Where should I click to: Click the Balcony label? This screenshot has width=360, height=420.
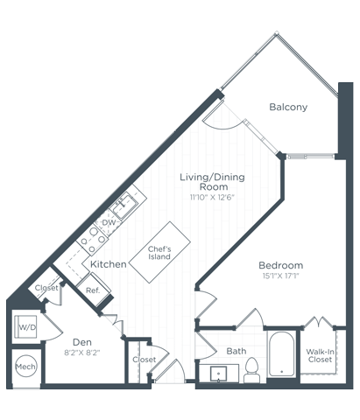tap(287, 108)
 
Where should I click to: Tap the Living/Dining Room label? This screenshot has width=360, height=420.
tap(212, 182)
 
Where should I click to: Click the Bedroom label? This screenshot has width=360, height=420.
tap(280, 265)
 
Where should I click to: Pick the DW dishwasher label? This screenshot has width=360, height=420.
tap(109, 223)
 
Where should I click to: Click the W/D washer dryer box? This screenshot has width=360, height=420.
tap(25, 328)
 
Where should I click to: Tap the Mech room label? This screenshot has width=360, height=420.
tap(25, 367)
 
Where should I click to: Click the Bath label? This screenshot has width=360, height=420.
tap(236, 352)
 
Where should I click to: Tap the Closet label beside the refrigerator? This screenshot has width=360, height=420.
tap(46, 288)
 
